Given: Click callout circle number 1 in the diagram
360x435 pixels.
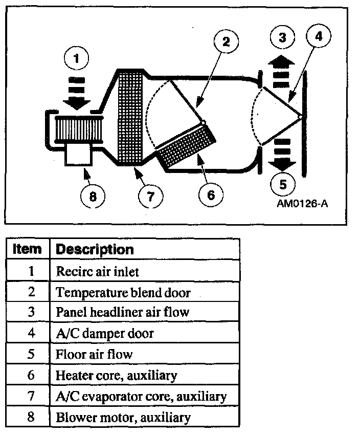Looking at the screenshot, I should coord(77,59).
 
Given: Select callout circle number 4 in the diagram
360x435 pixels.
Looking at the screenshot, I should coord(318,36).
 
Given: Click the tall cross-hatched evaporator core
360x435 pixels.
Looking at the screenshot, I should coord(130,118).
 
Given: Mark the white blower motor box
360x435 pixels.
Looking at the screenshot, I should coord(78,153).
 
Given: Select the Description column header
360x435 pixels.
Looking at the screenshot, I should coord(95,249).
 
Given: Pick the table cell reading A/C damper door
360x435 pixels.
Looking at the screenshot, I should coord(105,334).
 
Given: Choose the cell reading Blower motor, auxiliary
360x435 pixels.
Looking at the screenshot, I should coord(123,417).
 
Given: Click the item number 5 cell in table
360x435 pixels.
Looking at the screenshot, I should coord(30,354).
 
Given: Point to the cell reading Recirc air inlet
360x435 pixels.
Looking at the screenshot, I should coord(97,271).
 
